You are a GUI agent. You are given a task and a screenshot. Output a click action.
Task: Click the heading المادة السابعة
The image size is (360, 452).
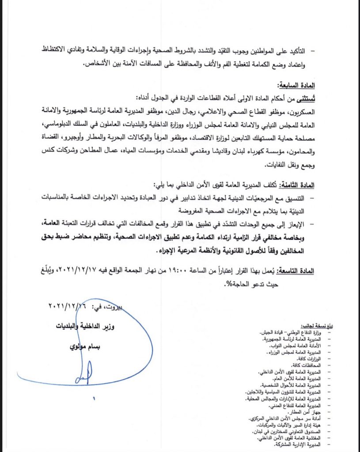click(295, 85)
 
